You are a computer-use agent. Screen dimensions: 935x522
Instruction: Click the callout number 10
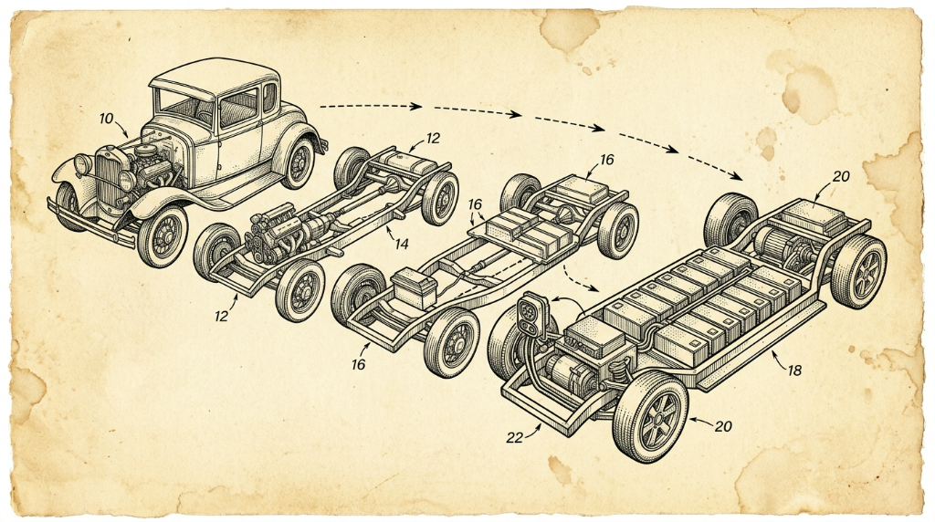(x=106, y=119)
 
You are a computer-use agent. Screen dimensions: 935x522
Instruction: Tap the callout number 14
(x=402, y=243)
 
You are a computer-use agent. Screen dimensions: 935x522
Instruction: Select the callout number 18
(x=794, y=371)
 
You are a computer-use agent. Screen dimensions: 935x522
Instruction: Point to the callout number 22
(x=515, y=437)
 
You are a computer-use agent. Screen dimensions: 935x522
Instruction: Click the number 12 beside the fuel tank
(x=433, y=138)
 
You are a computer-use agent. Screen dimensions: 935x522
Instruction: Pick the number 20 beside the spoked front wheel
(x=723, y=427)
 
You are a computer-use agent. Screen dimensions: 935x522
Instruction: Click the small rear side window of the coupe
(x=269, y=97)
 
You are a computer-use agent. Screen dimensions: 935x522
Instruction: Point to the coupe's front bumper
(x=91, y=224)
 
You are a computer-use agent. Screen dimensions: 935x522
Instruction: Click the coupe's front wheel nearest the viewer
(x=163, y=236)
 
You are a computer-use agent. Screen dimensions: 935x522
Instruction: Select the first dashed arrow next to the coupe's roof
(x=371, y=106)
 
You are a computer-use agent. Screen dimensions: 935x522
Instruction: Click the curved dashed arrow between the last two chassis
(x=580, y=279)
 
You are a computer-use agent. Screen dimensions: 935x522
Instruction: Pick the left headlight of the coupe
(x=83, y=164)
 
